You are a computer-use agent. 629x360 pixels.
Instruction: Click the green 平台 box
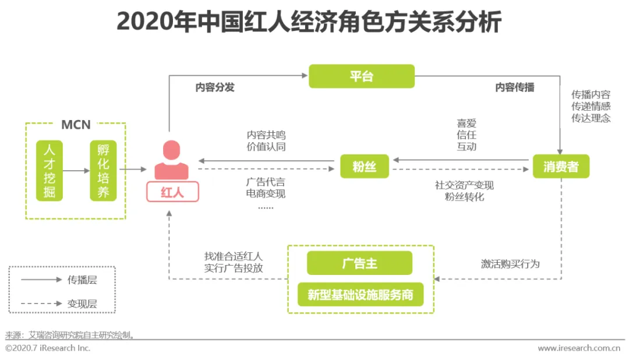[361, 76]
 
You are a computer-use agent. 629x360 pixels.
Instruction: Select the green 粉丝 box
[364, 167]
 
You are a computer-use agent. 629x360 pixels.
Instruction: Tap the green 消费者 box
[561, 167]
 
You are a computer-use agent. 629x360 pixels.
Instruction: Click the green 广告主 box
[359, 263]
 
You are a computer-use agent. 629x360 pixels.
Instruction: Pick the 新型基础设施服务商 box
[361, 295]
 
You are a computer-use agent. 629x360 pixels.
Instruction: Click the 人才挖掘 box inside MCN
[50, 170]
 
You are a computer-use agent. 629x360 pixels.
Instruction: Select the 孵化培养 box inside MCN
[103, 170]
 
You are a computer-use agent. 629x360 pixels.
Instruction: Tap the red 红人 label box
[172, 192]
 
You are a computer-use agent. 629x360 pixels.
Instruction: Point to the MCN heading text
[76, 125]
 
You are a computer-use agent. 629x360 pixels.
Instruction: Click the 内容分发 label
[215, 88]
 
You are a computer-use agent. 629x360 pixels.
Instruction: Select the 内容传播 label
[515, 88]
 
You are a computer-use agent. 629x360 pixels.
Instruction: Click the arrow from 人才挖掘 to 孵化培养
[76, 170]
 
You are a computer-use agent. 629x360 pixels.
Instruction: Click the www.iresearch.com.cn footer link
[578, 348]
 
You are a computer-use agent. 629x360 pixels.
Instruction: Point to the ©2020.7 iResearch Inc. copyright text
[48, 348]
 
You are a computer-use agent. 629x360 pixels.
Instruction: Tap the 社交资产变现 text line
[464, 185]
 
